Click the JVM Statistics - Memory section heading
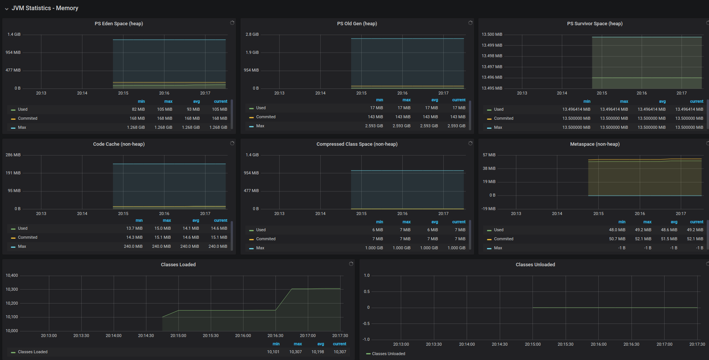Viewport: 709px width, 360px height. click(45, 8)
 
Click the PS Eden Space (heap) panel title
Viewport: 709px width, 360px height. click(119, 23)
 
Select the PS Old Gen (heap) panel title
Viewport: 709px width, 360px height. click(357, 23)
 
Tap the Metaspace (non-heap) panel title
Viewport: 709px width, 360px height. click(595, 144)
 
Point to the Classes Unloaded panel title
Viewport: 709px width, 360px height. click(536, 264)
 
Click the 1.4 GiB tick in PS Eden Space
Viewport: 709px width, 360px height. click(14, 34)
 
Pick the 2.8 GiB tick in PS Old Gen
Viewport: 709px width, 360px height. click(252, 34)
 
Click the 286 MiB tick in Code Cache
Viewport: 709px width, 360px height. click(13, 155)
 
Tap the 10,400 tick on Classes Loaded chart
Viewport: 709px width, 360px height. click(12, 275)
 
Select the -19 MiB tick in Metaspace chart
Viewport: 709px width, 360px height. click(489, 209)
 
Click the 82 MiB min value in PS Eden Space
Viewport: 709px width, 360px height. click(138, 109)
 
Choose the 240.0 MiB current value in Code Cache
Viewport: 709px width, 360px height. click(218, 246)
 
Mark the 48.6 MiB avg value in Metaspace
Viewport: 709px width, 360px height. click(669, 230)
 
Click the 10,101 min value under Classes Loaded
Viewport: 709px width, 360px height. click(273, 352)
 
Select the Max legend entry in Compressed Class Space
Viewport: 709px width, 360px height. click(260, 248)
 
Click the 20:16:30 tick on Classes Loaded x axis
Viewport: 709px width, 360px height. click(275, 336)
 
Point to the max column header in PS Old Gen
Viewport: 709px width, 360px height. click(406, 100)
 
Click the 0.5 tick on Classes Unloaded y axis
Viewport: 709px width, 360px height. click(367, 291)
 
